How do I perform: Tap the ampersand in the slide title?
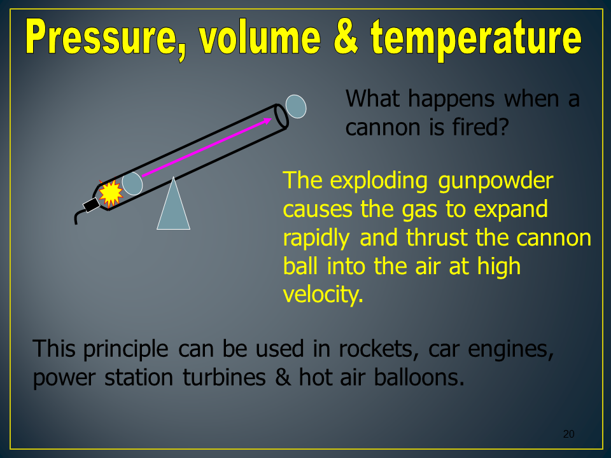[346, 37]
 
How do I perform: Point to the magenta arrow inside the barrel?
[207, 148]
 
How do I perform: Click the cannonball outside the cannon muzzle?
[296, 106]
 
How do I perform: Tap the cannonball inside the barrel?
[132, 183]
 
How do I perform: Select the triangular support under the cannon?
[173, 204]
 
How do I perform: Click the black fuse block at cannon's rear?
[92, 205]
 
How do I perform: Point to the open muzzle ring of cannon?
[281, 116]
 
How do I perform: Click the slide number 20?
[568, 434]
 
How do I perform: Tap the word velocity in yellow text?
[323, 295]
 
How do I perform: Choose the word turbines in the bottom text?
[225, 377]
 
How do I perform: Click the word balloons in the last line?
[419, 377]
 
